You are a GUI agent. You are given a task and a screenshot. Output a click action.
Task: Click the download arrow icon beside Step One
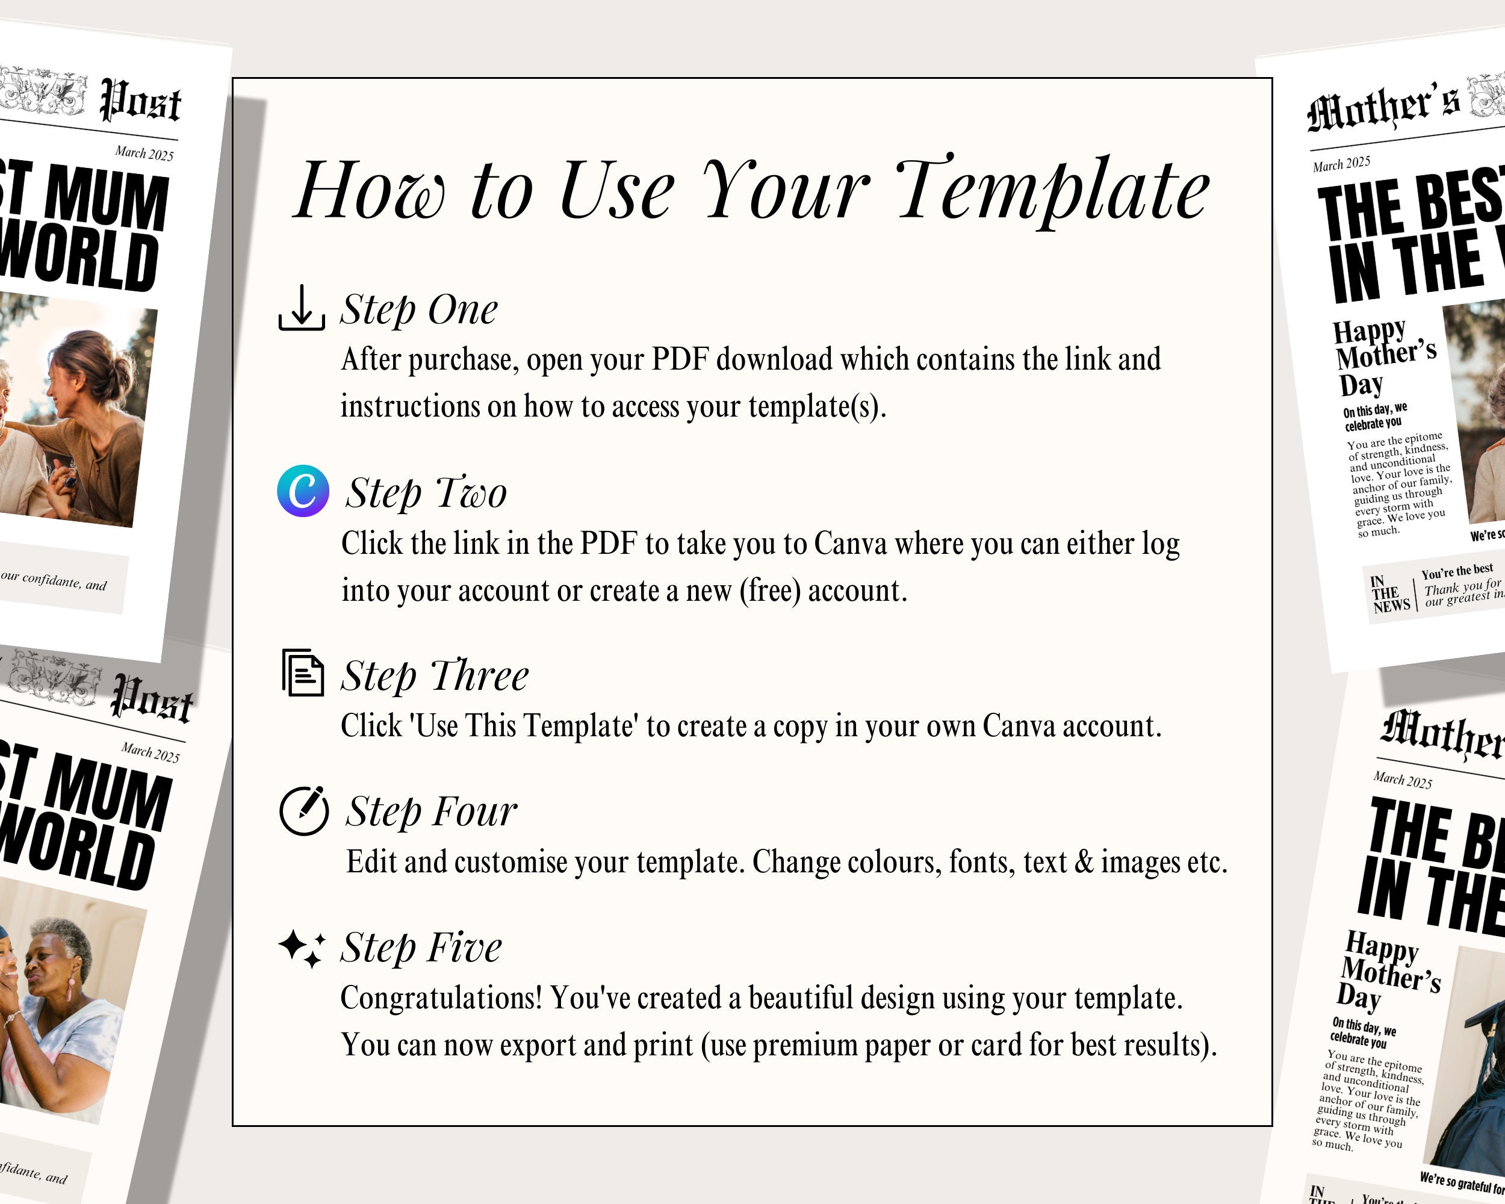point(302,308)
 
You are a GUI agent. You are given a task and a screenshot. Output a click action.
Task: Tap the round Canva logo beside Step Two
point(303,491)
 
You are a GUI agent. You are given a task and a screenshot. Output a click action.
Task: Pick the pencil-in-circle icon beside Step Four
point(303,810)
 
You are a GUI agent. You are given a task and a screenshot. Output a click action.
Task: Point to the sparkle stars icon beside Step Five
point(302,948)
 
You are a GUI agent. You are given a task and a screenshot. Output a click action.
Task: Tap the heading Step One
point(419,309)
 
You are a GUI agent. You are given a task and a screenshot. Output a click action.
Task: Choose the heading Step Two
point(426,493)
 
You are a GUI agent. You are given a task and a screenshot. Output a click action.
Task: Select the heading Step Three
point(434,675)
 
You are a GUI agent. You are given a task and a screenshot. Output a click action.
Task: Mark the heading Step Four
point(430,811)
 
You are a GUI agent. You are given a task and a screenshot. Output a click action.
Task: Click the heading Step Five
point(421,947)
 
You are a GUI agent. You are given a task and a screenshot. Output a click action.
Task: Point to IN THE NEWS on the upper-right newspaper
point(1390,595)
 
